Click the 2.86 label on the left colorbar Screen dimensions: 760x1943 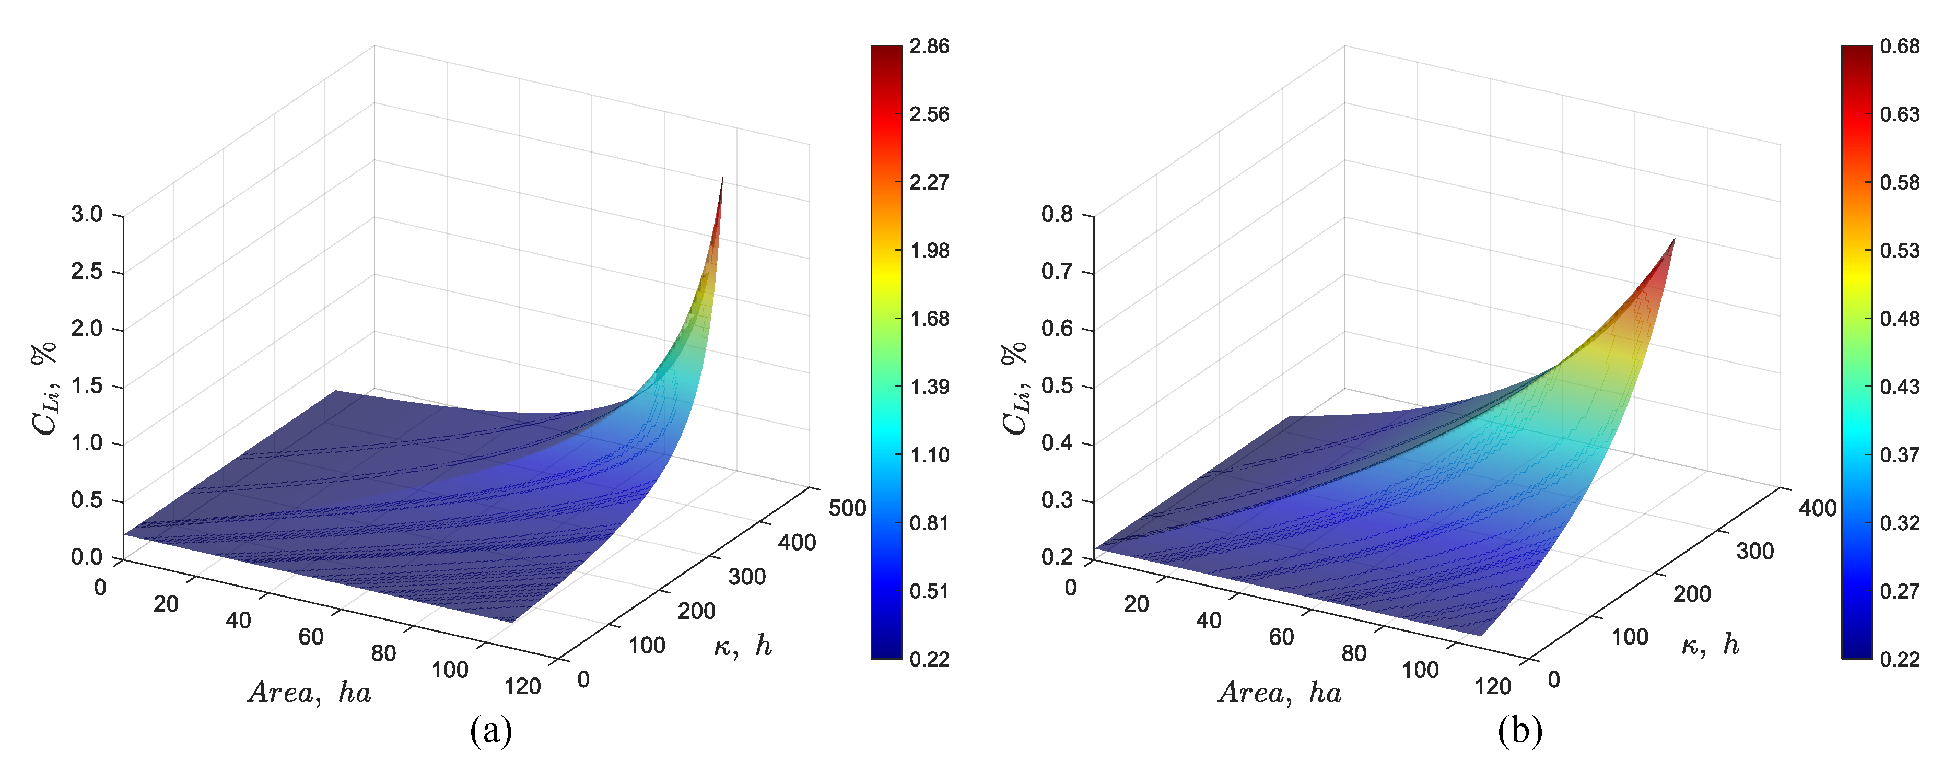coord(929,46)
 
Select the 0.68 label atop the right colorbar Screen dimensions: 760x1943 coord(1899,46)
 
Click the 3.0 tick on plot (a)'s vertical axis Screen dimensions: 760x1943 coord(87,214)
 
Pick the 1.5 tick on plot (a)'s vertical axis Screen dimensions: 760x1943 coord(87,386)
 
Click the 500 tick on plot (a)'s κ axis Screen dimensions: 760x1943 coord(847,508)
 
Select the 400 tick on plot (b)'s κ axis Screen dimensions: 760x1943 coord(1817,509)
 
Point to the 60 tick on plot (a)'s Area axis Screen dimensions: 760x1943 coord(311,637)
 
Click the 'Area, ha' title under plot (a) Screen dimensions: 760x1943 coord(309,692)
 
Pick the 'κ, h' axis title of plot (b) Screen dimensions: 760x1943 coord(1711,645)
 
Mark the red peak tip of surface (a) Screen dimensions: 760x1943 coord(722,181)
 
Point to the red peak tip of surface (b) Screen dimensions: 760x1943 coord(1673,240)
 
